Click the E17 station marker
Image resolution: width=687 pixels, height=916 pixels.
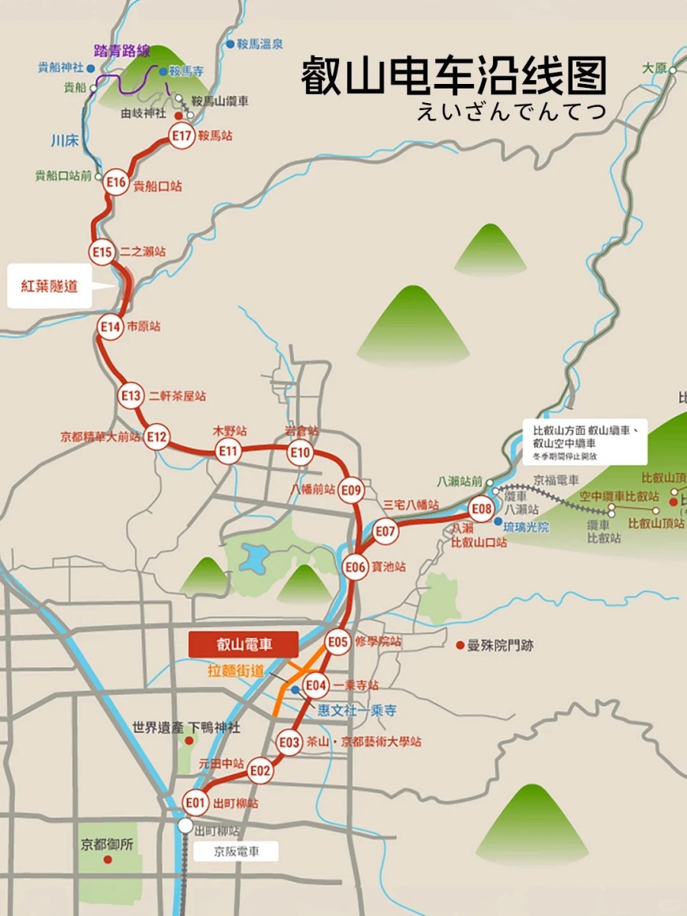click(182, 136)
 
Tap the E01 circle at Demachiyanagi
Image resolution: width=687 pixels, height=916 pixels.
click(196, 802)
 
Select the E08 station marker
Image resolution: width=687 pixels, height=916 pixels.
click(482, 508)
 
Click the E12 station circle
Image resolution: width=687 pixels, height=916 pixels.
click(156, 437)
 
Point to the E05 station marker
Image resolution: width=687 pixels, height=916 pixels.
click(338, 642)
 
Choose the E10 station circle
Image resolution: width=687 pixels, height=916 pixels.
click(301, 453)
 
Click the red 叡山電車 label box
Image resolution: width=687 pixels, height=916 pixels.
click(244, 644)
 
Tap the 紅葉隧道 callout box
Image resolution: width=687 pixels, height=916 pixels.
click(50, 287)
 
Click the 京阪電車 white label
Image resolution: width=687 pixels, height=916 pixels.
click(236, 851)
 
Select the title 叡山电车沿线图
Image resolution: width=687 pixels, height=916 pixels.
click(454, 76)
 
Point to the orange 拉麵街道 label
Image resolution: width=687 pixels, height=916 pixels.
click(236, 671)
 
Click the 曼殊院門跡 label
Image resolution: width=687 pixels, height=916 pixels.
click(500, 646)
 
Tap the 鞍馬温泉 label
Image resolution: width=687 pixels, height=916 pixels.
click(264, 44)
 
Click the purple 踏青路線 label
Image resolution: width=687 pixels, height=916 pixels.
click(121, 52)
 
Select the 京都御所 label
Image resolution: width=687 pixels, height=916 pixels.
click(107, 845)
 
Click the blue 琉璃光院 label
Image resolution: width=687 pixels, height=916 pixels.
click(527, 526)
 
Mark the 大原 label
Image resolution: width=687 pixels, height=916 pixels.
click(655, 67)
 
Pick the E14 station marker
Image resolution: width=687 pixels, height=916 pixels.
click(111, 327)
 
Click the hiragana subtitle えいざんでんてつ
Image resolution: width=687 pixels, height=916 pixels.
click(511, 111)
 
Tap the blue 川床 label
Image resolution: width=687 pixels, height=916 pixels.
click(65, 140)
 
